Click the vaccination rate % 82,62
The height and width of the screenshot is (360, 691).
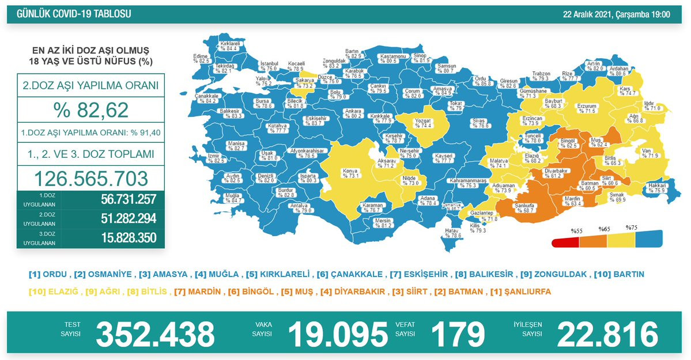pos(90,110)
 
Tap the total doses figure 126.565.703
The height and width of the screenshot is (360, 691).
pos(90,178)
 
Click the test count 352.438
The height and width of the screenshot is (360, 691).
pos(154,334)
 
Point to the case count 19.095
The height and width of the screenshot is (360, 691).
pos(337,334)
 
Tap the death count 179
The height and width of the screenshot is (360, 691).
pos(458,334)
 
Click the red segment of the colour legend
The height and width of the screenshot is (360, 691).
pos(564,242)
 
